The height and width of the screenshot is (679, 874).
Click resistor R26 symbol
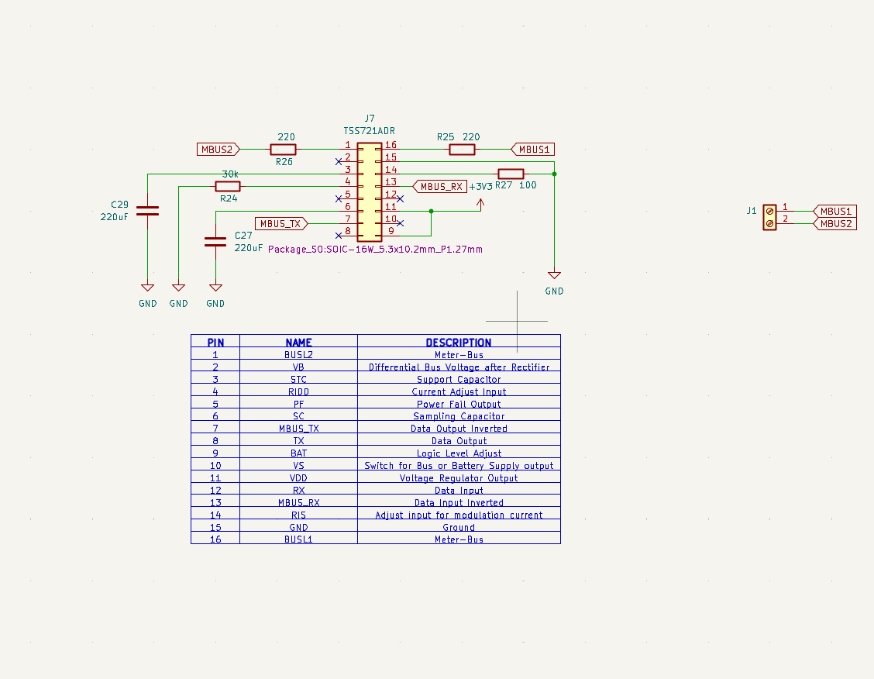pos(283,149)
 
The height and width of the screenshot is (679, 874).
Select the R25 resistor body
pos(463,149)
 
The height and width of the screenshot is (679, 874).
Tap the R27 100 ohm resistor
pos(511,174)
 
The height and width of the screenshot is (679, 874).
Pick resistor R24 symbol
pos(227,186)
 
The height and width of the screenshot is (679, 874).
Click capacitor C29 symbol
pos(147,209)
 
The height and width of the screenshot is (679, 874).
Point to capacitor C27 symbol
pos(215,241)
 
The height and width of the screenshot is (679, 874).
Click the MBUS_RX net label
pos(441,187)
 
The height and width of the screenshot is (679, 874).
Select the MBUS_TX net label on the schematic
pos(280,223)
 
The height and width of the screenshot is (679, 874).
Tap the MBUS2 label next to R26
pos(218,149)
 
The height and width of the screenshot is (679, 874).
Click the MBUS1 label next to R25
pos(533,149)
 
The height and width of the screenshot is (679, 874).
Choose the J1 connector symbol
pos(769,217)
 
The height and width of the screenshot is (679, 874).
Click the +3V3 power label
pos(480,187)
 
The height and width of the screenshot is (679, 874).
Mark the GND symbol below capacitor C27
pos(215,288)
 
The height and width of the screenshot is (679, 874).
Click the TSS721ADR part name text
pos(369,131)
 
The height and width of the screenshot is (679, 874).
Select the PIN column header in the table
pos(215,342)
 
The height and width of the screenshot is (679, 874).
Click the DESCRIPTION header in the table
pos(459,342)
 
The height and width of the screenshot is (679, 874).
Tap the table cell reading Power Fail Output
pos(459,404)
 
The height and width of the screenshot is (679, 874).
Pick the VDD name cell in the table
pos(298,478)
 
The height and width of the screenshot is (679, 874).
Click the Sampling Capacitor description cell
pos(459,416)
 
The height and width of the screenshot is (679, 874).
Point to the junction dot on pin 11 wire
pos(431,211)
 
